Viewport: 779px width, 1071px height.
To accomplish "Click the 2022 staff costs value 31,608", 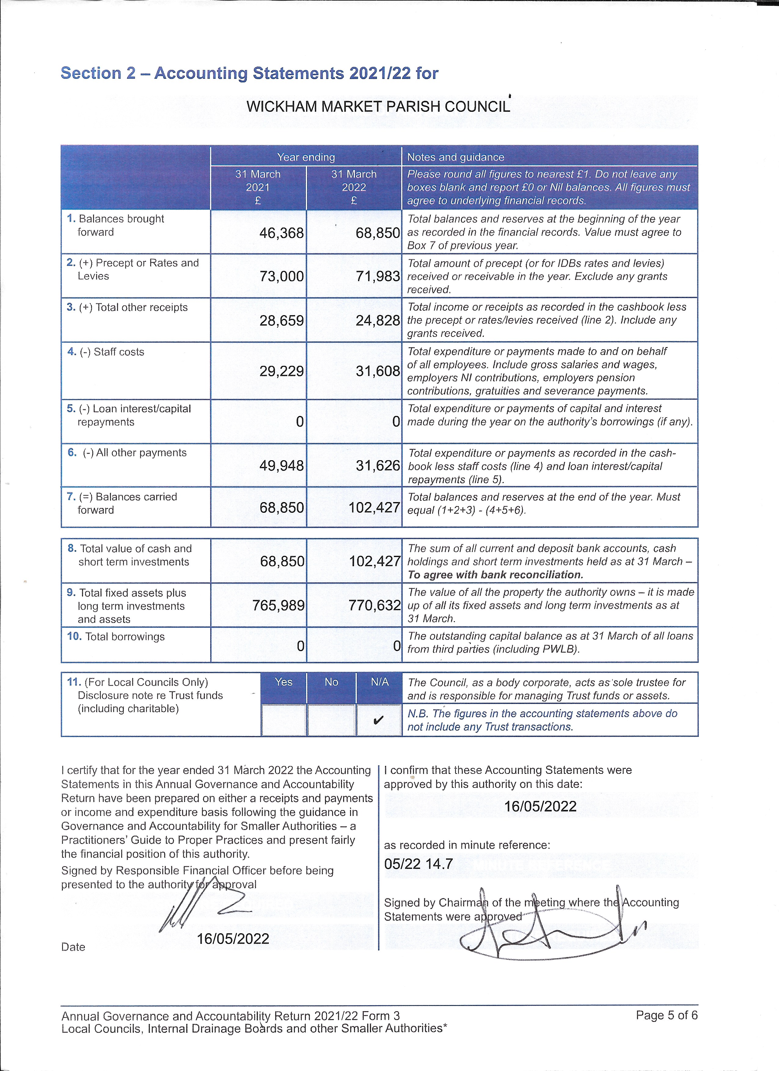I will pos(378,371).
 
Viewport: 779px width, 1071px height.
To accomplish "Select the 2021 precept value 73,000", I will pos(282,276).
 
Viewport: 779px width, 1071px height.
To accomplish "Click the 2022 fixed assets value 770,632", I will pos(375,605).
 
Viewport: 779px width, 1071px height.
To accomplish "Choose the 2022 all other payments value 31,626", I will pos(378,466).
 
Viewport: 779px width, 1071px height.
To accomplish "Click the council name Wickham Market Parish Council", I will pos(378,107).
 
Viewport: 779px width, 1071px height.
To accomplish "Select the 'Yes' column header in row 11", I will pos(283,682).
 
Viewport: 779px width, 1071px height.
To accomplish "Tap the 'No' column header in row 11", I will pos(331,682).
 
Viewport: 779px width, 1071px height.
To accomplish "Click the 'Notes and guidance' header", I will pos(455,157).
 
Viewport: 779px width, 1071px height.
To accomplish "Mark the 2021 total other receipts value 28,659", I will pos(282,321).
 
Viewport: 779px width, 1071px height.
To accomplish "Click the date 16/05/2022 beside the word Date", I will pos(233,939).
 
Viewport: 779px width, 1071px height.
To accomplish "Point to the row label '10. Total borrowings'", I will pos(116,636).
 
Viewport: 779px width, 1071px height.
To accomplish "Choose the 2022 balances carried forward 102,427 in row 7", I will pos(374,508).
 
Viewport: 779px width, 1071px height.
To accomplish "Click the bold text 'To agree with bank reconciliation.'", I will pos(495,575).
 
